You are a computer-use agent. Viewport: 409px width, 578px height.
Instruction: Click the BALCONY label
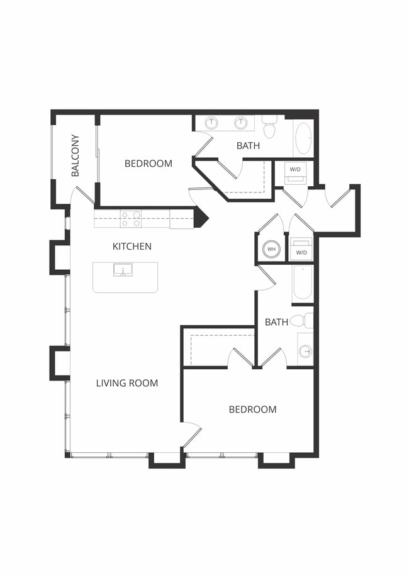[x=76, y=155]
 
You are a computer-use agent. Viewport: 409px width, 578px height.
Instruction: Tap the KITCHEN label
[x=132, y=246]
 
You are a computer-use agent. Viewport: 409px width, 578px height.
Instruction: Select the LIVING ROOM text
[x=126, y=382]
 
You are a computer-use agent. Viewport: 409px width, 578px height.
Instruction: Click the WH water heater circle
[x=272, y=250]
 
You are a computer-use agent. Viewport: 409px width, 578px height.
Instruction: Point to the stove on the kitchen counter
[x=131, y=218]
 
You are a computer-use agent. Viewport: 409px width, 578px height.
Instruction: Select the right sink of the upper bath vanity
[x=240, y=123]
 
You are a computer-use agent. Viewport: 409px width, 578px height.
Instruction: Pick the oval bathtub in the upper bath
[x=303, y=138]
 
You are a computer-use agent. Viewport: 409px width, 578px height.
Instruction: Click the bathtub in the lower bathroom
[x=303, y=284]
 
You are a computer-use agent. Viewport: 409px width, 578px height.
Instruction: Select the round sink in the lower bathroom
[x=305, y=351]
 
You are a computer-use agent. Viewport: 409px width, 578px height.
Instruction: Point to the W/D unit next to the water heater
[x=301, y=249]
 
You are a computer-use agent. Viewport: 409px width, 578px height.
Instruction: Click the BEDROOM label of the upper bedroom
[x=148, y=164]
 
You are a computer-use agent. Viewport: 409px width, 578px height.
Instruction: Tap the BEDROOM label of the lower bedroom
[x=252, y=409]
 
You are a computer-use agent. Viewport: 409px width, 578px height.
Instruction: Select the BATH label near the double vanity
[x=248, y=146]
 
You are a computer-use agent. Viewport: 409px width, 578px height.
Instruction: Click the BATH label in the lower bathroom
[x=276, y=322]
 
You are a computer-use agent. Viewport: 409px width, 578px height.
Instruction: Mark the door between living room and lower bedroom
[x=191, y=433]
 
